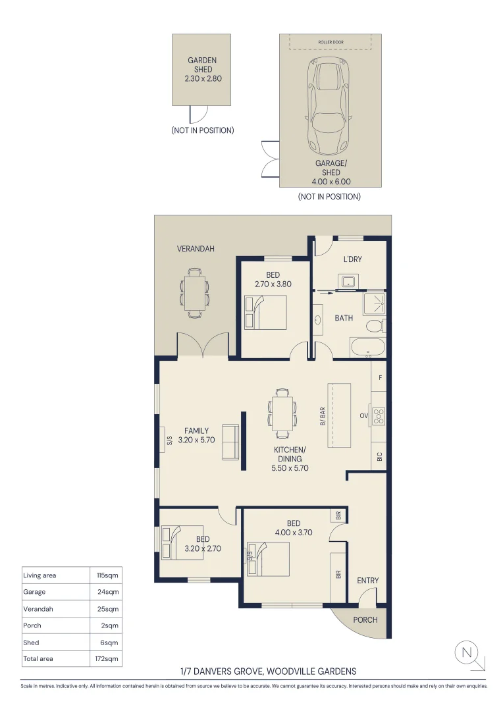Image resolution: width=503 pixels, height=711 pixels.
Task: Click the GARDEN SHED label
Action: pos(202,65)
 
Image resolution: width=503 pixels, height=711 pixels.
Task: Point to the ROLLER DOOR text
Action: pos(331,42)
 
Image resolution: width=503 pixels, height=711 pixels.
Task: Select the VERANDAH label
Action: pos(196,248)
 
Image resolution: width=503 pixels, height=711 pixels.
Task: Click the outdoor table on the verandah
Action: pos(195,293)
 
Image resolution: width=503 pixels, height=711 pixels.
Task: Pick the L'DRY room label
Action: pos(352,259)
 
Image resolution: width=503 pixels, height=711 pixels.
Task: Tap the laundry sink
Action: pos(348,281)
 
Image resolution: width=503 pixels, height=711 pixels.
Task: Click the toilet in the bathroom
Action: pos(375,326)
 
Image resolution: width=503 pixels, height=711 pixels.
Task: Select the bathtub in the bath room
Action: pos(367,348)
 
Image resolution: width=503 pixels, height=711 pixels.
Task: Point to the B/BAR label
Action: pos(323,416)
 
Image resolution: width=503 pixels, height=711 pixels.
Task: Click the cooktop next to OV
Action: pos(379,416)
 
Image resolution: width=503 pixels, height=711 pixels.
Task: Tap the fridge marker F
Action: pos(380,378)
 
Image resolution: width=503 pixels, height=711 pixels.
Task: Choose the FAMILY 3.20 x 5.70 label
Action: pos(196,435)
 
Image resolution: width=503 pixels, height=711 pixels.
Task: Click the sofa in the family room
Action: pos(230,442)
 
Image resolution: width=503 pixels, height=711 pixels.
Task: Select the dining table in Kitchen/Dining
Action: pos(282,413)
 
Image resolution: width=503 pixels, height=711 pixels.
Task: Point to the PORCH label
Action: pos(365,620)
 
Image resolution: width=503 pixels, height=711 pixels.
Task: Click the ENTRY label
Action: pos(367,581)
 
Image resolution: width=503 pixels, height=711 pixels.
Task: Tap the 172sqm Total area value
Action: pos(107,659)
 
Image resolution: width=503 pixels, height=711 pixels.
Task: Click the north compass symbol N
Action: pos(466,653)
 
